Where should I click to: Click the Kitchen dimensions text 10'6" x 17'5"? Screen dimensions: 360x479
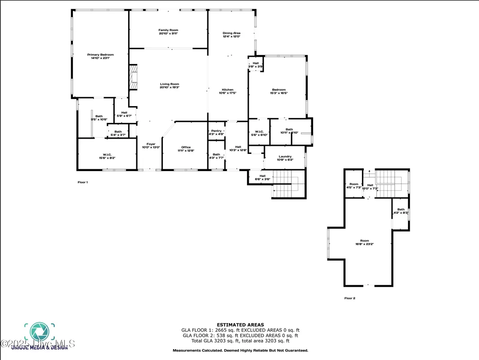[227, 93]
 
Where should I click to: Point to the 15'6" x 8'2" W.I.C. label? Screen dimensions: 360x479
[107, 156]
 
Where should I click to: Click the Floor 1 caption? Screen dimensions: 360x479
[83, 182]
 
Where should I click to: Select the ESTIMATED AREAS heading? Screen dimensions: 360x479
[240, 324]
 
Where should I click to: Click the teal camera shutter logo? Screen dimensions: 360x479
[39, 332]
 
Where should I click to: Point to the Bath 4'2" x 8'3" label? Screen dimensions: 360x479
[400, 211]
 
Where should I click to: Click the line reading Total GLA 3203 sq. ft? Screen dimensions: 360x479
[240, 341]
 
